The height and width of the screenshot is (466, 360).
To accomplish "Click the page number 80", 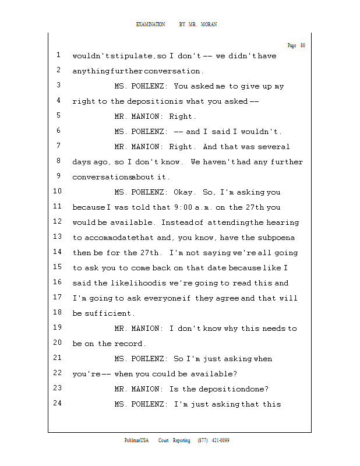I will [x=302, y=45].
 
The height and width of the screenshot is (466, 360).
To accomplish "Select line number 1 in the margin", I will [x=59, y=56].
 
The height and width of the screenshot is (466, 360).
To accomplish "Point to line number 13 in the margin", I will [x=57, y=237].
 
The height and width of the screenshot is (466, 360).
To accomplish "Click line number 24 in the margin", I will [x=57, y=403].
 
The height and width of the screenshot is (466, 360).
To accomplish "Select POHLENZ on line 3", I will [x=150, y=86].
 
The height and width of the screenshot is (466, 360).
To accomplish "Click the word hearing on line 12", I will [x=283, y=223].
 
